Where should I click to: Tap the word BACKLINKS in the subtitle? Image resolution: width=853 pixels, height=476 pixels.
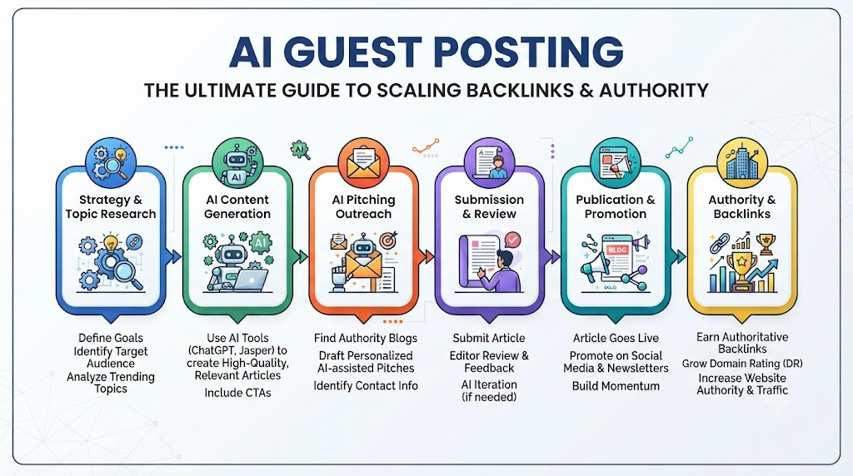[511, 90]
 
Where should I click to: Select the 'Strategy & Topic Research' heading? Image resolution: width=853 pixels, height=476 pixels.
[111, 207]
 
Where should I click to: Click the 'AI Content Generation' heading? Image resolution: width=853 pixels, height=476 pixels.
[237, 207]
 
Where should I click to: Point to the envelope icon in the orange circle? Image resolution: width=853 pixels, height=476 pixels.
[363, 164]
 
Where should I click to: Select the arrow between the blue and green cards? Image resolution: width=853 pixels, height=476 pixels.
[174, 256]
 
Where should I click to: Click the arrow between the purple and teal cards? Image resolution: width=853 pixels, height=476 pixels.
[553, 256]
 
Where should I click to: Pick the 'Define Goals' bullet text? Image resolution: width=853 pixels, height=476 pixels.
[111, 338]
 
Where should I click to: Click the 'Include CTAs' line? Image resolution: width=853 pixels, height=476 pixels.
[237, 393]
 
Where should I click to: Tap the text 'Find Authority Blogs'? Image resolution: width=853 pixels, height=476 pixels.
[366, 338]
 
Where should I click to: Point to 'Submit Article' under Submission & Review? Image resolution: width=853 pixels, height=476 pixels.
[489, 338]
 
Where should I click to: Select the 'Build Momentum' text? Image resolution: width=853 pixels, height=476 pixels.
[616, 386]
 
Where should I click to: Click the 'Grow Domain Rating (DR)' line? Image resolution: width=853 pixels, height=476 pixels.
[742, 364]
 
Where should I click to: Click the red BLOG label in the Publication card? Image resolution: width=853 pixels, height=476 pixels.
[617, 250]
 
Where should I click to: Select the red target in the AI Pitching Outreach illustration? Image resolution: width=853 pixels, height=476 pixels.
[388, 240]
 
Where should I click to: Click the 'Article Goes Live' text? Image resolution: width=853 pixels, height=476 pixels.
[616, 338]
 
